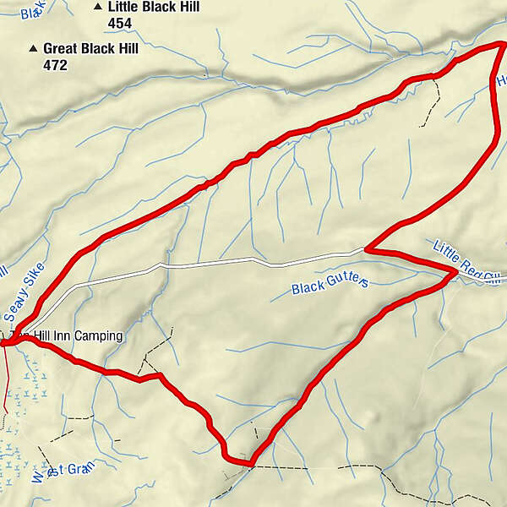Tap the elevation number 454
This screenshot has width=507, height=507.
[121, 23]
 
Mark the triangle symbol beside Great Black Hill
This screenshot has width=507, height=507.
[33, 49]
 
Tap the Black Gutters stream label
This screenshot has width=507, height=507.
[330, 285]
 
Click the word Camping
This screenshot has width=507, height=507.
[98, 336]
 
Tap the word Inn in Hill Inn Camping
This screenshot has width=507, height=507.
[62, 336]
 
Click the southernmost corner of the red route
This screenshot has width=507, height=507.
[250, 463]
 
